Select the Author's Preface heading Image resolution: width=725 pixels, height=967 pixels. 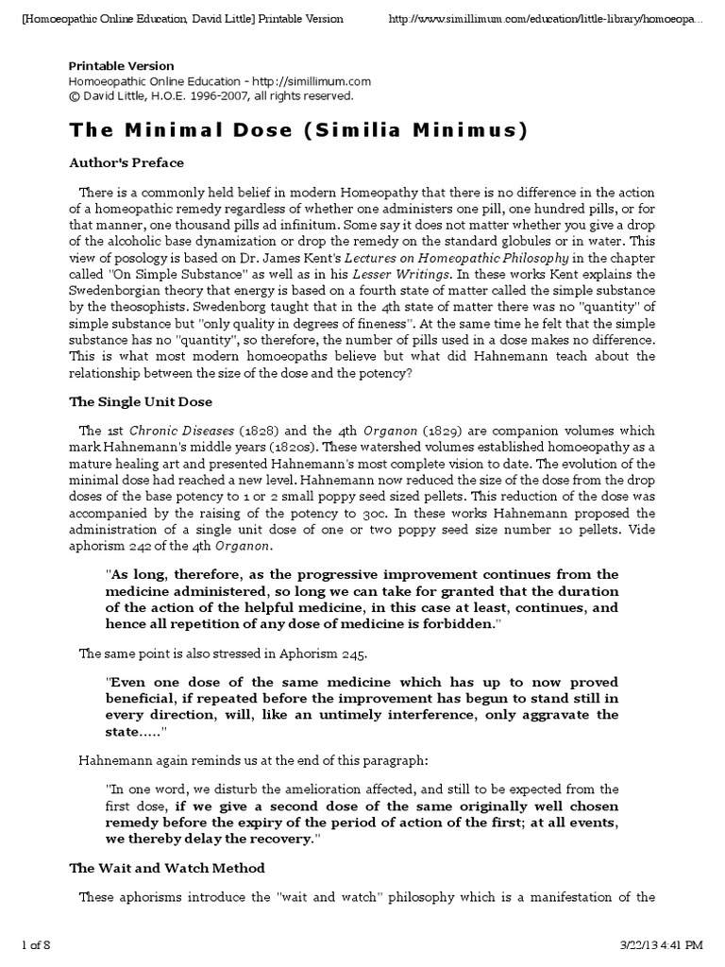[126, 162]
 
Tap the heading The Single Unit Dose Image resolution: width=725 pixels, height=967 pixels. [142, 400]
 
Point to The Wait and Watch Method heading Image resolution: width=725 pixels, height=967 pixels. [167, 867]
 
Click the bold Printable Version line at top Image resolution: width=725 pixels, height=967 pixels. [121, 66]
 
